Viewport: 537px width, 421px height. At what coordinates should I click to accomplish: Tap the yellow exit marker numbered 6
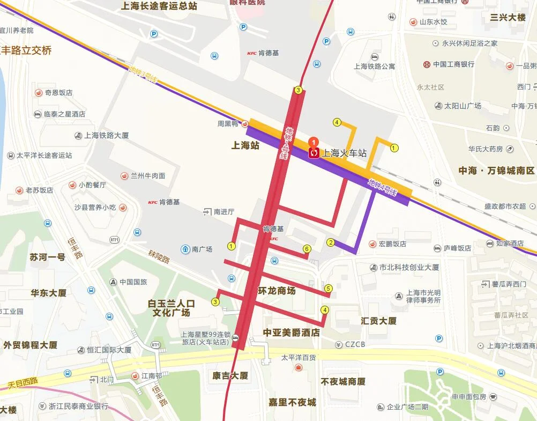307,248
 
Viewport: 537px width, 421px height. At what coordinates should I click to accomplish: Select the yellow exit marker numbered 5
329,289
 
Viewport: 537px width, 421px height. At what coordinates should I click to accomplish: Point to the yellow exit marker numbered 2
331,242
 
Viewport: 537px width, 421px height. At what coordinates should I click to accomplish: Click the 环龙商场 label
277,291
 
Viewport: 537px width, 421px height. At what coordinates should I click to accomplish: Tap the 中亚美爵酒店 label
291,333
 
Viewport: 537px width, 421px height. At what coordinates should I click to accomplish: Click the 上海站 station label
245,145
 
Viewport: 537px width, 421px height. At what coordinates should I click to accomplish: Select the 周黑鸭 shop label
227,123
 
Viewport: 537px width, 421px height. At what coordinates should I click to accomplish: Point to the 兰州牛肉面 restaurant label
148,175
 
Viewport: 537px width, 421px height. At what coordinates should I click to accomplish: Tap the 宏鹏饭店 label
392,244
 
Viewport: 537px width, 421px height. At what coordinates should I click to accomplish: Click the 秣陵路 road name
159,258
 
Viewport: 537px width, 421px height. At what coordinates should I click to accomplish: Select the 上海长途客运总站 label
159,6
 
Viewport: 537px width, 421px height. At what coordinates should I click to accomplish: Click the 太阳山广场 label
462,106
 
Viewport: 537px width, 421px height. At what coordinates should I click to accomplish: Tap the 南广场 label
202,249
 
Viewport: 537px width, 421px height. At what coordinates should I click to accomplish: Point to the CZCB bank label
355,344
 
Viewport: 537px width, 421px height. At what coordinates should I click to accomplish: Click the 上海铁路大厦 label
106,136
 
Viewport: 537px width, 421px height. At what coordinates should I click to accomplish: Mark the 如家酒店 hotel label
510,243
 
